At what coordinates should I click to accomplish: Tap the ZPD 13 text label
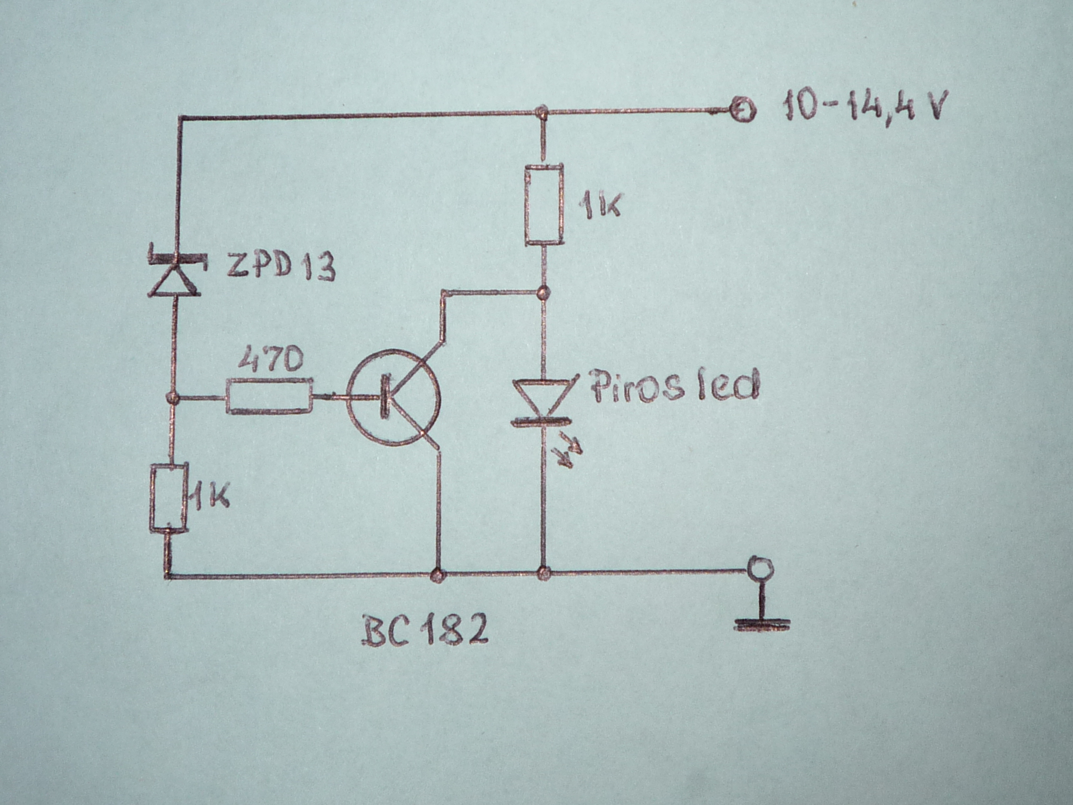click(x=281, y=266)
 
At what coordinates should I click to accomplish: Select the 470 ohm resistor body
click(x=269, y=396)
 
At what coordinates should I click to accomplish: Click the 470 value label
click(x=270, y=359)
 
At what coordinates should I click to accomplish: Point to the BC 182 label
click(x=425, y=631)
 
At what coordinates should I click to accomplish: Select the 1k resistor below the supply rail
click(x=544, y=204)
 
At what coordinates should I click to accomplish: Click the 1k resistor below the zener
click(x=168, y=498)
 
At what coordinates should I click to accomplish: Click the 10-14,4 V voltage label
click(x=864, y=106)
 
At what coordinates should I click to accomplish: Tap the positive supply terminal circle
click(x=743, y=110)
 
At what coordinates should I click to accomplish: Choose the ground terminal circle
click(x=761, y=570)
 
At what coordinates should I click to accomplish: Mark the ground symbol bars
click(x=762, y=623)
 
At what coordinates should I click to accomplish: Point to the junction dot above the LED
click(x=543, y=292)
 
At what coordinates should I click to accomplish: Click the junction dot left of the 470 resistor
click(x=173, y=398)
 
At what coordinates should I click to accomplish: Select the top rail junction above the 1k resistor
click(x=540, y=112)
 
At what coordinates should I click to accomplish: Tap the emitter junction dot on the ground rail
click(x=438, y=575)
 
